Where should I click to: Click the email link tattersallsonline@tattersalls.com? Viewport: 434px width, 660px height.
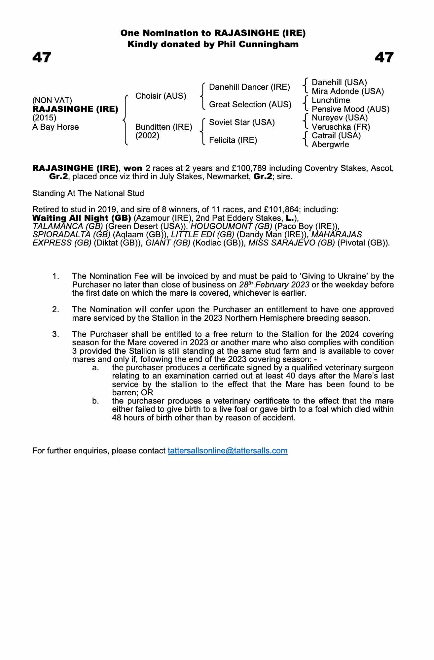pos(228,451)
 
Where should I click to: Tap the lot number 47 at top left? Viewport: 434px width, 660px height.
pos(42,58)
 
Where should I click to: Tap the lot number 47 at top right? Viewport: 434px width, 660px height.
pos(384,58)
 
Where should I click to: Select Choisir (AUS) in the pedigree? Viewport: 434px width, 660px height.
pos(161,96)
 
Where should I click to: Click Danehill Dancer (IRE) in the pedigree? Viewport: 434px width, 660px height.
pos(249,87)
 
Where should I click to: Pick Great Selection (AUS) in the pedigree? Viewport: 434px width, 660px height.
pos(250,105)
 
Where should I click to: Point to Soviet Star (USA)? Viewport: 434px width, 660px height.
pos(242,122)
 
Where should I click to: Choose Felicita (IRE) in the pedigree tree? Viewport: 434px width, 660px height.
pos(233,140)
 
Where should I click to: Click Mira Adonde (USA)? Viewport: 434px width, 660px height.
pos(347,91)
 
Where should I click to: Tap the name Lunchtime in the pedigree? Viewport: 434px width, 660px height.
pos(331,100)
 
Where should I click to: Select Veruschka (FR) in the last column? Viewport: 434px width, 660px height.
pos(341,127)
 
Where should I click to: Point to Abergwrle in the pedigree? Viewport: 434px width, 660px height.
pos(330,145)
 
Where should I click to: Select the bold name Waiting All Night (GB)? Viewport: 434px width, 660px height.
pos(82,218)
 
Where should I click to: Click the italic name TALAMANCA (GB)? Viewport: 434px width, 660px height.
pos(68,226)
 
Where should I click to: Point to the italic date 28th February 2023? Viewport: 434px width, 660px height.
pos(274,284)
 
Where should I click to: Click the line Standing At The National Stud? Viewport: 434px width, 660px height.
pos(88,193)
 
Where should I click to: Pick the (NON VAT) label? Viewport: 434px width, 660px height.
pos(52,100)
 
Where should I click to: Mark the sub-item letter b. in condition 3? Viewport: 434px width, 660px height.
pos(95,401)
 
